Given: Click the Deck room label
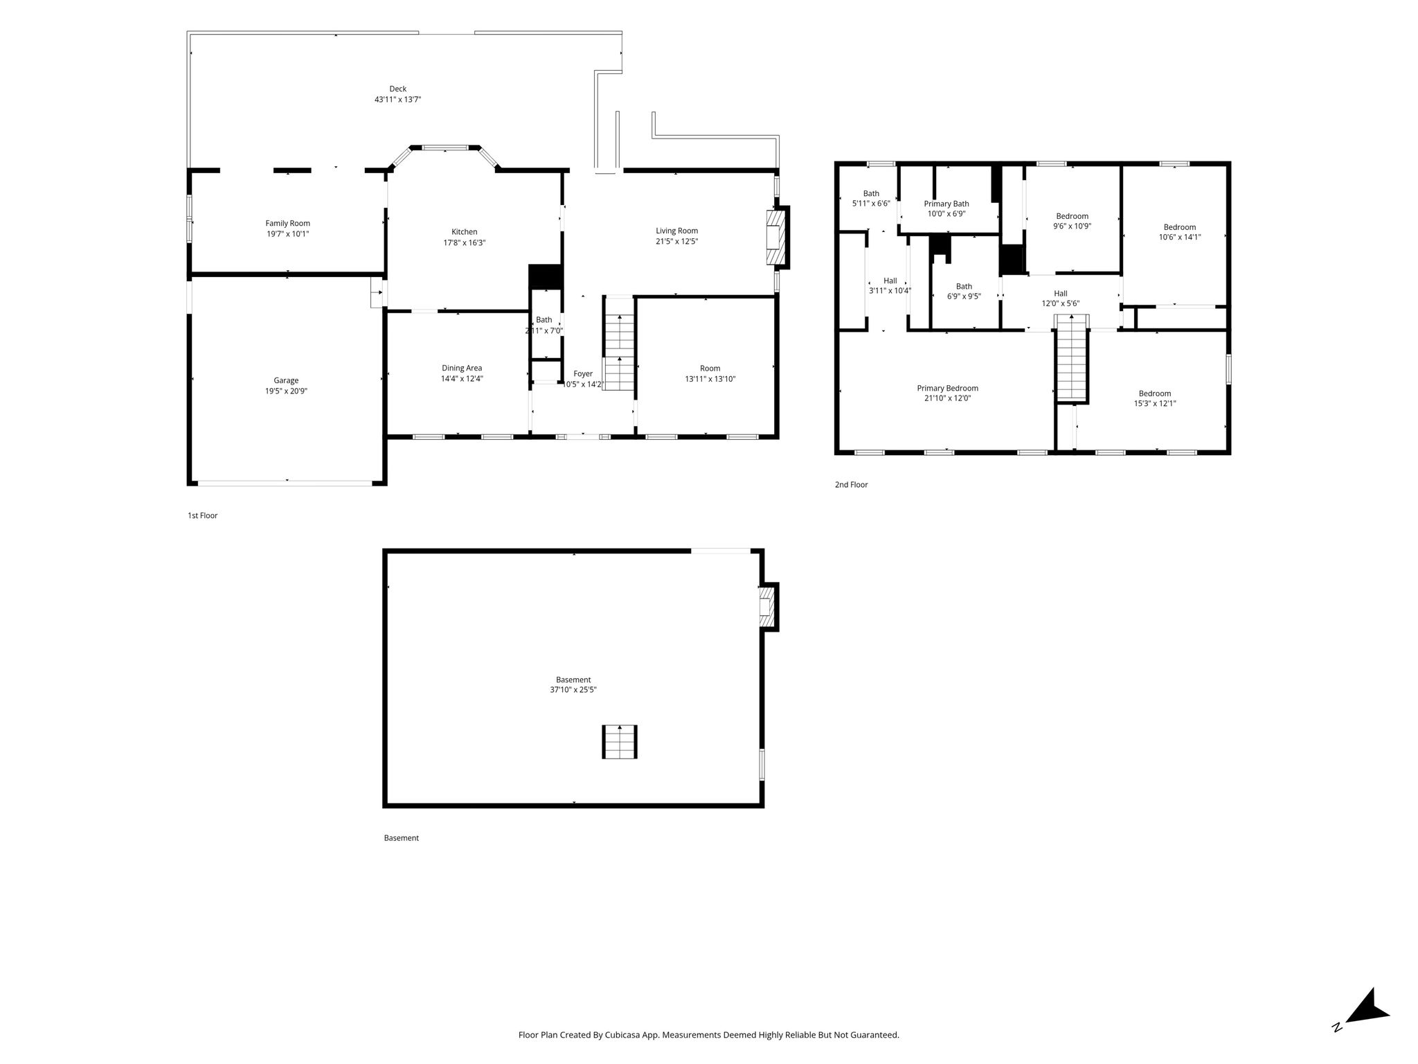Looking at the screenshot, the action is [397, 89].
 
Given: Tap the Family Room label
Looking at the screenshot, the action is [287, 223].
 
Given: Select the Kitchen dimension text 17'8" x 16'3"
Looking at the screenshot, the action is [464, 242].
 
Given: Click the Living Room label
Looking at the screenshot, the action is [676, 231].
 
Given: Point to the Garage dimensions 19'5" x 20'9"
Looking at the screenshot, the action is [286, 391].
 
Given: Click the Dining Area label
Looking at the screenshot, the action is [462, 368].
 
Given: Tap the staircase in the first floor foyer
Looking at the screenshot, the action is [619, 353].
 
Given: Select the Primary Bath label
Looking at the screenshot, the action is [946, 204].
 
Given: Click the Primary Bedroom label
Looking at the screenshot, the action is [947, 388].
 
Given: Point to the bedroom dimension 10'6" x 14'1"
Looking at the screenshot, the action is [1180, 237].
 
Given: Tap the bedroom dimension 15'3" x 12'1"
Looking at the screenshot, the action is [1155, 403].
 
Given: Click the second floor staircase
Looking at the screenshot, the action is [1072, 358].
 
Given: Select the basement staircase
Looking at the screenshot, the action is [619, 742].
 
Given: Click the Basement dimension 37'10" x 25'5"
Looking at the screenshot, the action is [573, 690].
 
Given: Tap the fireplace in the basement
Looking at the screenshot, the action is [769, 607].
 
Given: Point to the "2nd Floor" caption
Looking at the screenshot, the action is [851, 485].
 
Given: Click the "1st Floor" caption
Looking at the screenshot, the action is [202, 515].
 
